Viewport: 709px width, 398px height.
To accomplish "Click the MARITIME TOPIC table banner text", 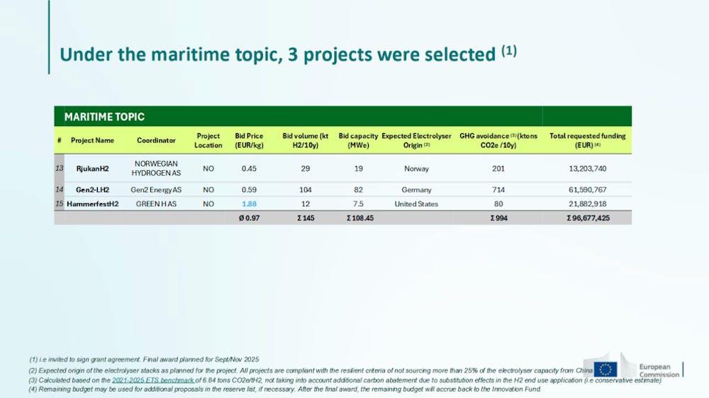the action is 104,117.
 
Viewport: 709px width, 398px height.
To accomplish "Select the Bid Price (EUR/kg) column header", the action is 249,140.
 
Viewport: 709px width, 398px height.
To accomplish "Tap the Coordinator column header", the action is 156,140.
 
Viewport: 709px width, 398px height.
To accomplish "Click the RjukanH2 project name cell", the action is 93,169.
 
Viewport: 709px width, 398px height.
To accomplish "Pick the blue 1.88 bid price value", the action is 249,204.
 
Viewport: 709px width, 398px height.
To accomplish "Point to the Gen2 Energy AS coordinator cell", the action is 156,190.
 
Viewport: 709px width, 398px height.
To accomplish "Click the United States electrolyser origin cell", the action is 416,204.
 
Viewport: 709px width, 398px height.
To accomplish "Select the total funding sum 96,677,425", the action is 588,217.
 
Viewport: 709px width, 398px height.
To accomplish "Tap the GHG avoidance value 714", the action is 498,190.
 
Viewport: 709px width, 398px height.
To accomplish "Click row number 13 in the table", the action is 60,168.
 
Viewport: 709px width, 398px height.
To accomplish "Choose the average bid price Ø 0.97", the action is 249,217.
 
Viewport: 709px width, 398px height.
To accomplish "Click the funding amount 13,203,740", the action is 588,169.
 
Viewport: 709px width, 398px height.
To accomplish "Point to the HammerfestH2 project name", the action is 93,204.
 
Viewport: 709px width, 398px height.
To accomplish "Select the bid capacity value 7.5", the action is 358,204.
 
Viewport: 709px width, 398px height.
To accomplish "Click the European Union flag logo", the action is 605,369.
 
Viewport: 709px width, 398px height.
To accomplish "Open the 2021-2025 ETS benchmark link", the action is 153,380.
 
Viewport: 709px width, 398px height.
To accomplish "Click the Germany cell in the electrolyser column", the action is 416,190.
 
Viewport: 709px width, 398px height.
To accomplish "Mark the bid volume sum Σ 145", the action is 306,217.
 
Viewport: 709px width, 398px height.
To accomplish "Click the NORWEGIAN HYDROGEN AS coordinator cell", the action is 156,168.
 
